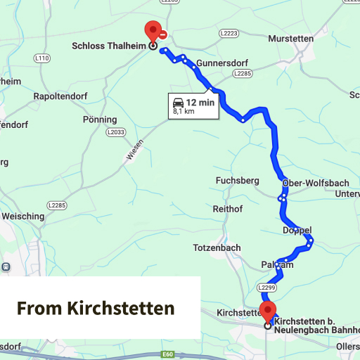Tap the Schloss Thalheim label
109,46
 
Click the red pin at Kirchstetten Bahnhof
267,311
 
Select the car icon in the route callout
179,102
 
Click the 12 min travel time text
200,102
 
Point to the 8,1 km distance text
184,111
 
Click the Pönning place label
100,120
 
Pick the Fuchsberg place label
237,181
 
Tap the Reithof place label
228,209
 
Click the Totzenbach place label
217,247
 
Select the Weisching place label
22,217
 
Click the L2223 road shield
229,33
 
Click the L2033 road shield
115,131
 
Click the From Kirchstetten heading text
96,308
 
